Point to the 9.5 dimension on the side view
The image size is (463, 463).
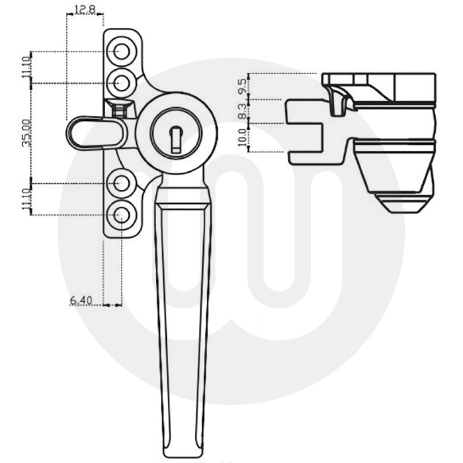coord(242,86)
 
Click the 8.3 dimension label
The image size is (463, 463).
coord(242,111)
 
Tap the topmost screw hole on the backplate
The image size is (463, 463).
coord(122,52)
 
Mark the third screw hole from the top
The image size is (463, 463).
coord(122,184)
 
